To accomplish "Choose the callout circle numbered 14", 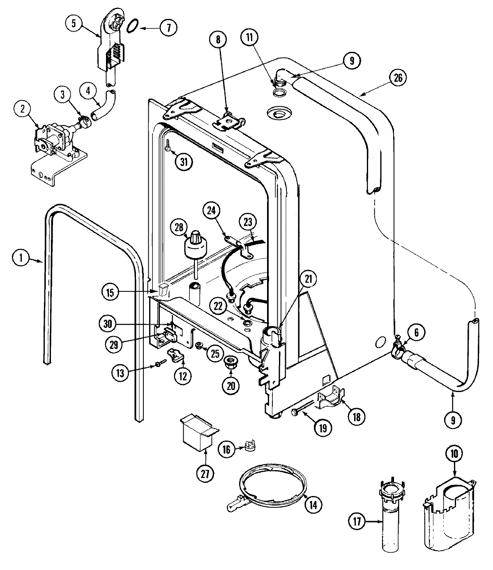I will click(x=313, y=505).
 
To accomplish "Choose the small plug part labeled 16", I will click(x=249, y=446).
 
